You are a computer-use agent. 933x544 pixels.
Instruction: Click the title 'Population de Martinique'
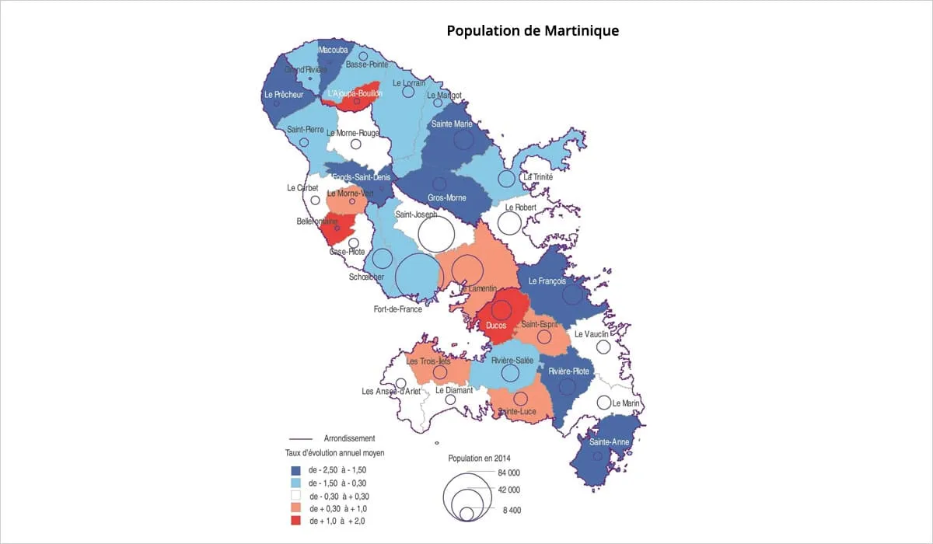(533, 31)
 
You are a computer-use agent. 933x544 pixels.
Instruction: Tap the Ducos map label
(495, 326)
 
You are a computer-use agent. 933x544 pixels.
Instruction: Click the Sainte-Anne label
(610, 442)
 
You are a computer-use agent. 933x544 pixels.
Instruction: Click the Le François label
(551, 281)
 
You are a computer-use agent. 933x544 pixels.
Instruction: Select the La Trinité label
(537, 176)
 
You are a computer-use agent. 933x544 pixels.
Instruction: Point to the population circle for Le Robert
(509, 223)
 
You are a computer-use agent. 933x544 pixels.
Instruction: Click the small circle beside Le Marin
(604, 403)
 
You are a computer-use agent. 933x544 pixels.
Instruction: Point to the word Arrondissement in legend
(349, 438)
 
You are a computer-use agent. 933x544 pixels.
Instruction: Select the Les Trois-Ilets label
(428, 361)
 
